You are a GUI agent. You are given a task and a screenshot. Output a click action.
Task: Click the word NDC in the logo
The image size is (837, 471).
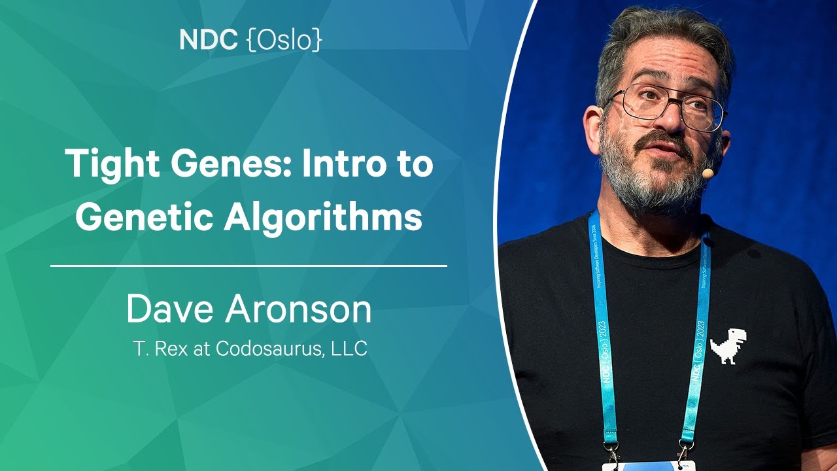[x=209, y=39]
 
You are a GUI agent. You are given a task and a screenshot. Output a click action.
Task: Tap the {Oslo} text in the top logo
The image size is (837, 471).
[x=284, y=39]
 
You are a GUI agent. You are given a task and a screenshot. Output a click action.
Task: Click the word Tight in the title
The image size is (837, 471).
[x=112, y=164]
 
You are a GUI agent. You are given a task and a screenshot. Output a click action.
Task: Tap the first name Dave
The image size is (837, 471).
[x=170, y=309]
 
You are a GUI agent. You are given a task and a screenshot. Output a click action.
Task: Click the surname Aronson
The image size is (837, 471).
[x=298, y=309]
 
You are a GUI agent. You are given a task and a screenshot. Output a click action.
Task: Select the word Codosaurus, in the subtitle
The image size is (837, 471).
[x=270, y=349]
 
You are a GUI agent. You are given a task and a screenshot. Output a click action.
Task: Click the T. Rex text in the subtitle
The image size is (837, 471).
[x=161, y=349]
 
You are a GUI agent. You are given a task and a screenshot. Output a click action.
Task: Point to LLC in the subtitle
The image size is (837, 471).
[x=349, y=348]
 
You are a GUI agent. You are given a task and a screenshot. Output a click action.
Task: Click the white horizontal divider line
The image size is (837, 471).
[x=249, y=266]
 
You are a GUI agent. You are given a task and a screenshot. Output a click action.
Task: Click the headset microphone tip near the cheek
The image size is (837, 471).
[x=708, y=173]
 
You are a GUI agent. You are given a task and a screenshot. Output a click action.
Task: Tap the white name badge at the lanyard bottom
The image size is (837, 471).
[x=649, y=466]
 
